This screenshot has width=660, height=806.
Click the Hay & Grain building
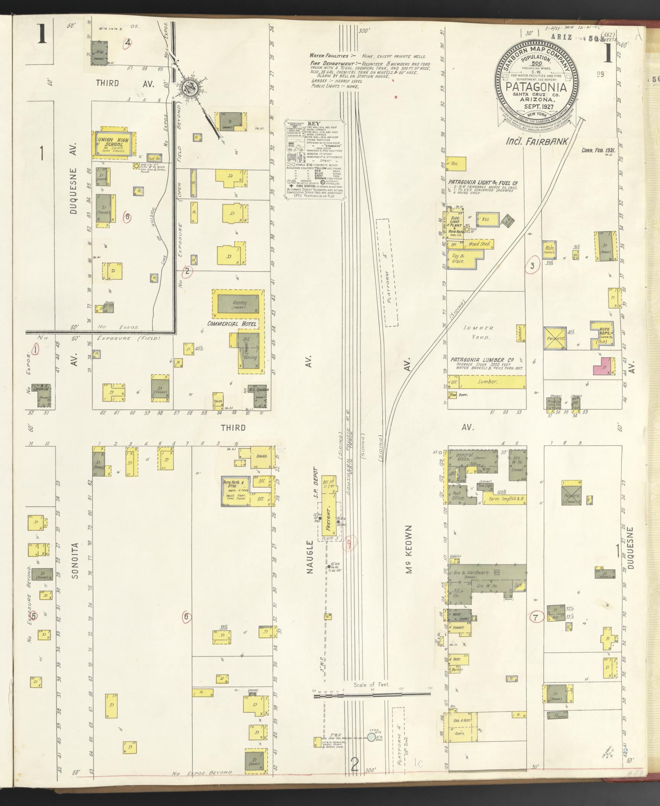[x=459, y=260]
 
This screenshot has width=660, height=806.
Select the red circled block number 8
[x=128, y=217]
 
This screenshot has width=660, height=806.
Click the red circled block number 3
[x=532, y=266]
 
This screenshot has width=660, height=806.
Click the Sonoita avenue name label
[x=75, y=566]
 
